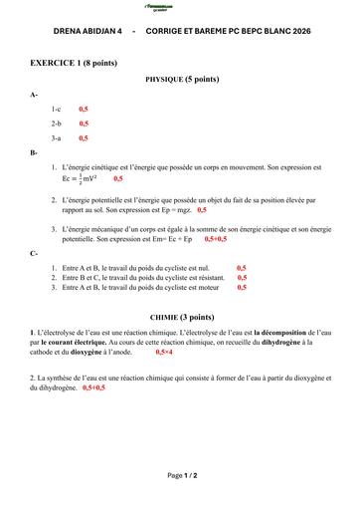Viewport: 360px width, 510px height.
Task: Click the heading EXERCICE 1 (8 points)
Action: pos(74,62)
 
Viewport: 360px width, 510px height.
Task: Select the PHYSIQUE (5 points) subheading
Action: pos(182,78)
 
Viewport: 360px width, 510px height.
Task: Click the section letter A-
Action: pos(35,94)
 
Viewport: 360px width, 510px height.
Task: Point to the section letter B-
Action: pos(35,153)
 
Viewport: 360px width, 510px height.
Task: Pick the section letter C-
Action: pos(35,253)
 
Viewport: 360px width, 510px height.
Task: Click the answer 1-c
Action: pos(57,108)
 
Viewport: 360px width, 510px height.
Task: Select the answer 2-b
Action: pos(57,124)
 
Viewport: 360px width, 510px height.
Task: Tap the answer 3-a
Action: pos(57,138)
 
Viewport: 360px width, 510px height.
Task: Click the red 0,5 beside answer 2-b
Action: pos(84,124)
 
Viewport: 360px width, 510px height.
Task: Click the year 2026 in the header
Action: pos(293,32)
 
